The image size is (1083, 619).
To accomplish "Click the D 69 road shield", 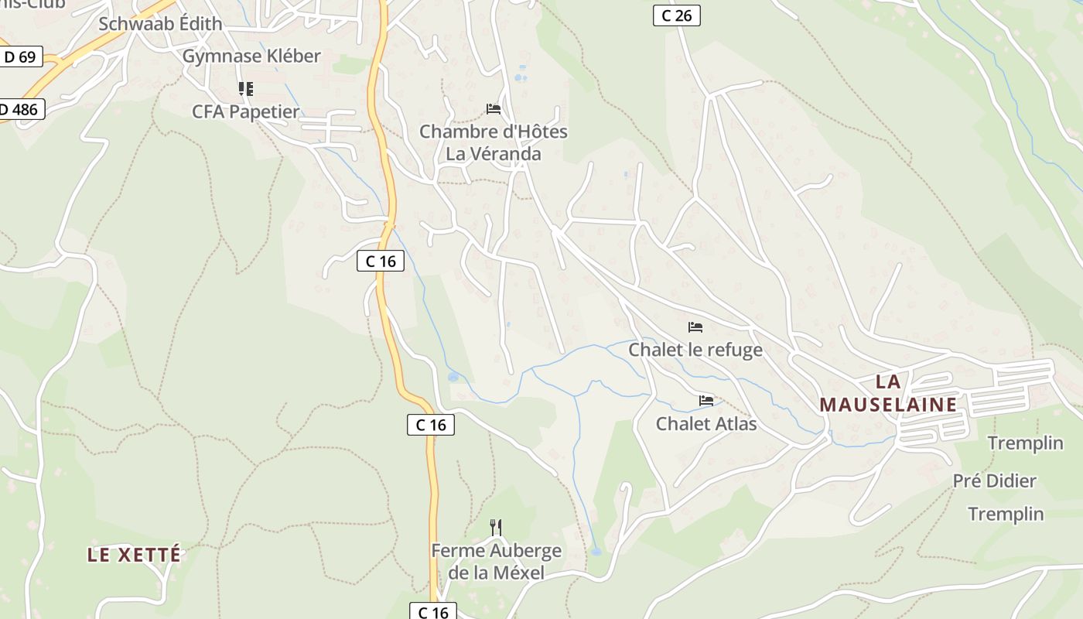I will [20, 57].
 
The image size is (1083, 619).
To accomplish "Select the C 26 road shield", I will [676, 15].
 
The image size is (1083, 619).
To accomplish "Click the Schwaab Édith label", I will [160, 24].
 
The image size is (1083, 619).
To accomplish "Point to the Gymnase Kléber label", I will [251, 56].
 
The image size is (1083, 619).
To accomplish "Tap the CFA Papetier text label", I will [245, 112].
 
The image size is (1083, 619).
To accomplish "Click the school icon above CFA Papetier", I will [245, 89].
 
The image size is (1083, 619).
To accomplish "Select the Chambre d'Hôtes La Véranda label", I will [493, 142].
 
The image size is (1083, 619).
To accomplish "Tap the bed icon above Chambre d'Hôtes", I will [494, 109].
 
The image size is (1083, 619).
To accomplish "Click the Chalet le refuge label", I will [695, 350].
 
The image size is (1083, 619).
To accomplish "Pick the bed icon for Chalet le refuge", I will [695, 327].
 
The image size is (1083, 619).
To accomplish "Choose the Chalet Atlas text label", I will [705, 424].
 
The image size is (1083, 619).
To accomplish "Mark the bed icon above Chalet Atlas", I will [705, 401].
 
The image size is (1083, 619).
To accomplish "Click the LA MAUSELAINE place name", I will [888, 393].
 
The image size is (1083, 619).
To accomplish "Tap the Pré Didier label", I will [994, 481].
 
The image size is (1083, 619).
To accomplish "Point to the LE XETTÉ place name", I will [134, 555].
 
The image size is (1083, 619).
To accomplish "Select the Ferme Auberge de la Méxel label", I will [496, 562].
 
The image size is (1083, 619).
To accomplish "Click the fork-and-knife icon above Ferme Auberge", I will [496, 528].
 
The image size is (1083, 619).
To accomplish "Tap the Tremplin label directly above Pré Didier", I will [1025, 443].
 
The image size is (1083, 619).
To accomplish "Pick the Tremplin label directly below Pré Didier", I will [1005, 515].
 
